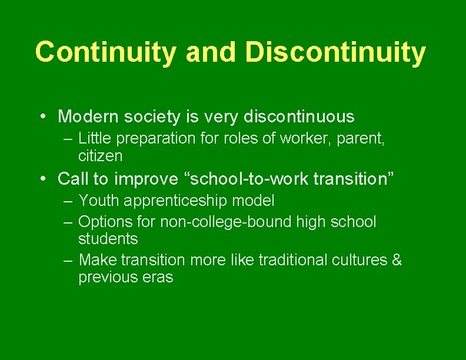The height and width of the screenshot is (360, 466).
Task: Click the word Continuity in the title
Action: pos(105,52)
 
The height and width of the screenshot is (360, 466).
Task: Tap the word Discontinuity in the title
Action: pos(335,52)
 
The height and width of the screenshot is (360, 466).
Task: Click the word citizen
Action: pos(100,156)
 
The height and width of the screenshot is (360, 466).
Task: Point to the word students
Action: pos(108,239)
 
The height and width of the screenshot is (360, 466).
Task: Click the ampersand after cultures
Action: pos(397,259)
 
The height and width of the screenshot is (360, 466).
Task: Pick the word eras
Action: pos(159,277)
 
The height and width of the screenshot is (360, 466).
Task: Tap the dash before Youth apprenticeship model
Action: pos(69,201)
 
